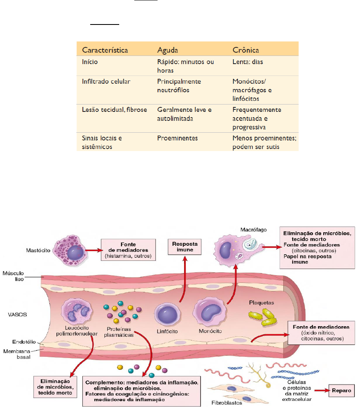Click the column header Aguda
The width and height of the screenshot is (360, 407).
click(169, 50)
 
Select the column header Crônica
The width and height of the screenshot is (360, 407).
click(246, 50)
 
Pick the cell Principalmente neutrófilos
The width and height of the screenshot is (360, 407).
click(179, 85)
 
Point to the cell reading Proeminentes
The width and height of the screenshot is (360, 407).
click(177, 138)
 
